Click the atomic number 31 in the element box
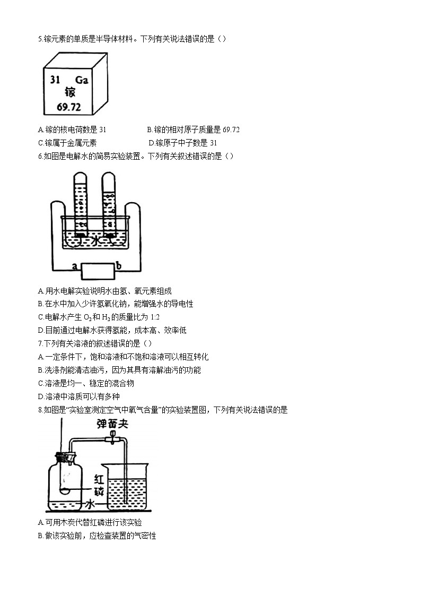click(x=55, y=80)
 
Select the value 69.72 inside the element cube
click(x=68, y=107)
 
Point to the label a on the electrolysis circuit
click(x=75, y=265)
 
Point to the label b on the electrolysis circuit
click(x=119, y=265)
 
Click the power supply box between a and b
click(x=97, y=271)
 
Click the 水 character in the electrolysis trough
click(x=95, y=240)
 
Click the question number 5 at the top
click(x=40, y=39)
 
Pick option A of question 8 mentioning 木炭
click(x=90, y=523)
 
